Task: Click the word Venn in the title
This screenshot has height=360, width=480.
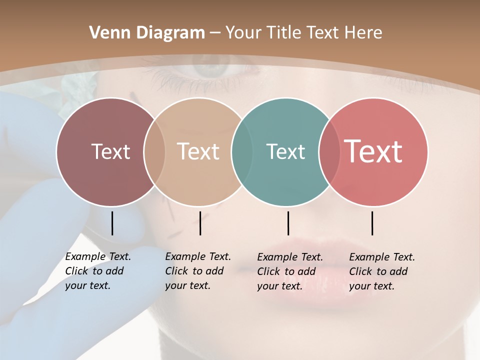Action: [x=106, y=33]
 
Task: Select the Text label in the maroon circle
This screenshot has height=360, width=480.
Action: [x=110, y=151]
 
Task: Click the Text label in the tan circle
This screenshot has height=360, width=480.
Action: [x=198, y=151]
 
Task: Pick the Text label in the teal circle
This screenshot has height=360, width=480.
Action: [x=285, y=151]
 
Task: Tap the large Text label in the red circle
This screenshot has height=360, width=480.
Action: [x=373, y=151]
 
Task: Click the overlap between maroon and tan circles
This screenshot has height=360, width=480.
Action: [x=154, y=151]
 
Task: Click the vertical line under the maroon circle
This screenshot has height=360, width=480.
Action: [x=112, y=223]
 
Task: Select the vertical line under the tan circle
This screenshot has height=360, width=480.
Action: [x=200, y=223]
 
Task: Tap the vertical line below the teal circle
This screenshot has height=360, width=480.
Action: [x=288, y=223]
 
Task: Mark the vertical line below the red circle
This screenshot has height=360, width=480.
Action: [x=372, y=223]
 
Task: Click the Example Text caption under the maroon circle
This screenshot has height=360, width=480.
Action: [x=97, y=271]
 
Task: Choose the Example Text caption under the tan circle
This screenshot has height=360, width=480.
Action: [x=197, y=271]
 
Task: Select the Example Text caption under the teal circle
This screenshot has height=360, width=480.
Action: [x=289, y=271]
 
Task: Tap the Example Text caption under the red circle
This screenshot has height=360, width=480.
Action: [x=381, y=271]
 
